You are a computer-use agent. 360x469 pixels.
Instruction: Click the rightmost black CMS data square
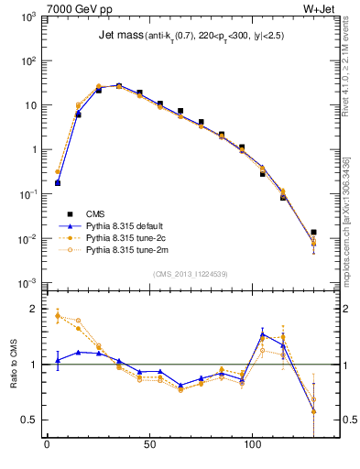(314, 233)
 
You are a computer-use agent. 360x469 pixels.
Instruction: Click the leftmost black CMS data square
(58, 183)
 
